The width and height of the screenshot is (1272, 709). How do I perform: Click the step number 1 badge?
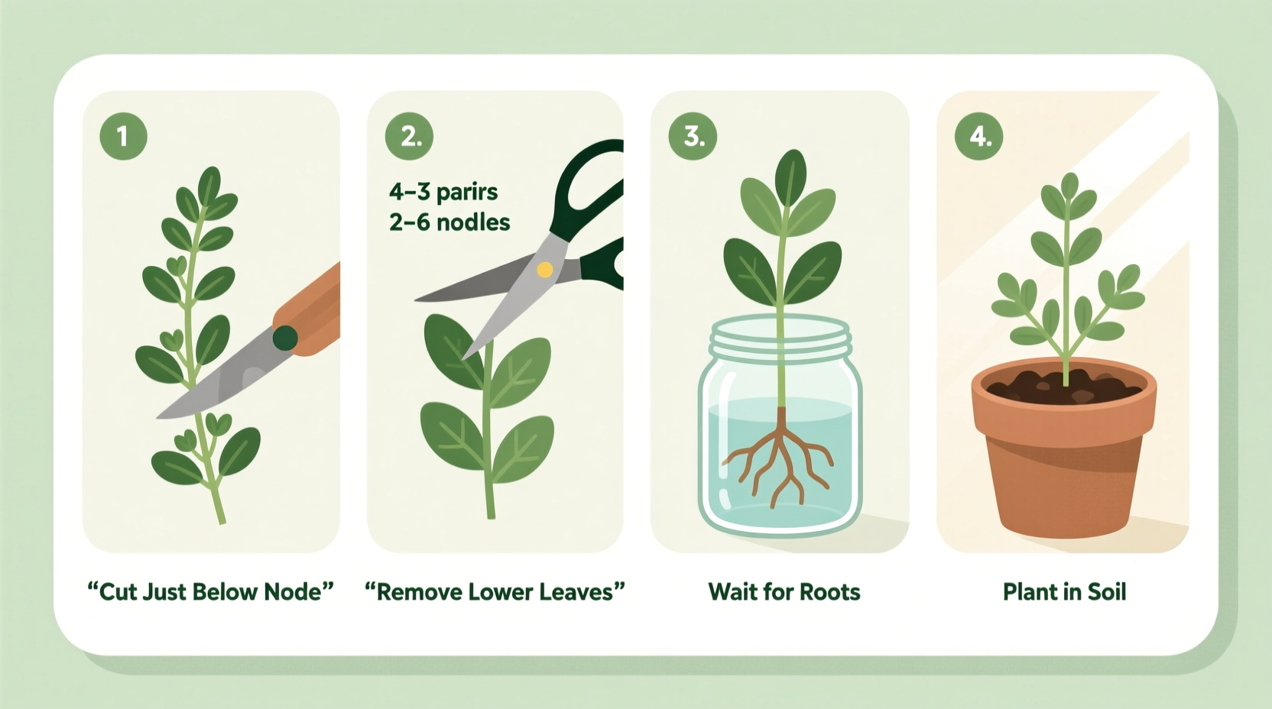123,136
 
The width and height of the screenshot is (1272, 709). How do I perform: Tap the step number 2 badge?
409,136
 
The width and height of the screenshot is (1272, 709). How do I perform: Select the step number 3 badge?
693,136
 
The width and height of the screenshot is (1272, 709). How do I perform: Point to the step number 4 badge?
979,136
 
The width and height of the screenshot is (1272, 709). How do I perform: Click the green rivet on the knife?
284,337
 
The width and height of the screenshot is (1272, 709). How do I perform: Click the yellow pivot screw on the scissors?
544,269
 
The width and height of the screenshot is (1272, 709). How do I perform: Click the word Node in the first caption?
293,592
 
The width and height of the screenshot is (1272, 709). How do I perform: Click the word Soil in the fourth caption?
1106,592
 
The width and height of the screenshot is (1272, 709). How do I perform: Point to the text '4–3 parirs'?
443,191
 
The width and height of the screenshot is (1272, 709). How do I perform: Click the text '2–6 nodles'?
449,222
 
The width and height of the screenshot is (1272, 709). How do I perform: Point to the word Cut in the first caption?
118,592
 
